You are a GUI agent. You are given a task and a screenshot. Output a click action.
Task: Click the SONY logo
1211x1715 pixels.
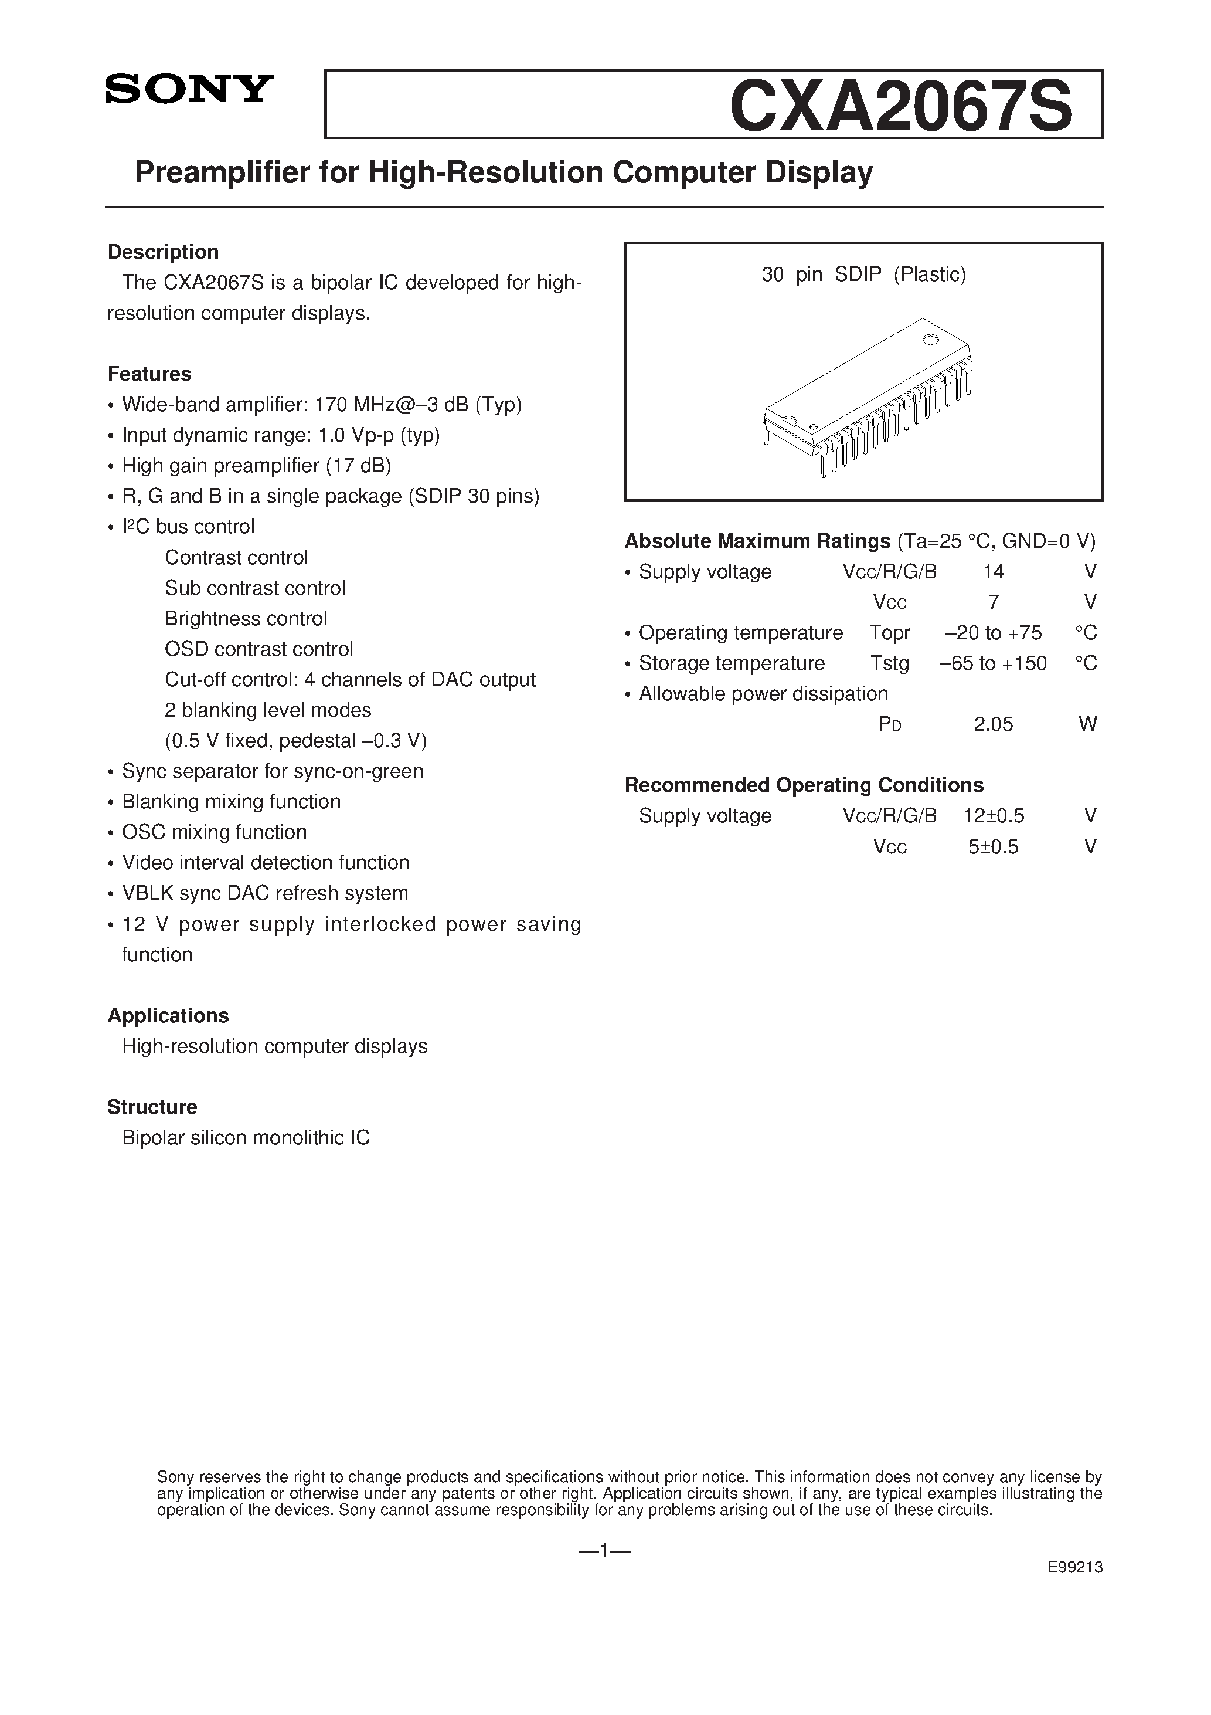point(190,90)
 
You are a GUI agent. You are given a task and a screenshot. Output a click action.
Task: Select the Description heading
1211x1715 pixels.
point(163,252)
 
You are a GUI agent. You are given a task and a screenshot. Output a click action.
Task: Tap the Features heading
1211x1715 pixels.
point(149,374)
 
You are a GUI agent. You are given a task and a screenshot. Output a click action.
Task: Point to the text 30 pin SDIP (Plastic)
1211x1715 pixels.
point(864,275)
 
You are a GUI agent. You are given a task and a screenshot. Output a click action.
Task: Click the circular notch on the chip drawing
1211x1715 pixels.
point(930,340)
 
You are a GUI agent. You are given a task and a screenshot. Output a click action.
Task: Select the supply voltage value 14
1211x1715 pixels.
point(993,572)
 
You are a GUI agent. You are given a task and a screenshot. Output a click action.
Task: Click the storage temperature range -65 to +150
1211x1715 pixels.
point(993,663)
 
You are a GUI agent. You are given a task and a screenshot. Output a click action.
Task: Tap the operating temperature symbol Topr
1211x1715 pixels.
point(889,633)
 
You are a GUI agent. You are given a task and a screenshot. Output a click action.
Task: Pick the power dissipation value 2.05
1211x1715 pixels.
point(993,724)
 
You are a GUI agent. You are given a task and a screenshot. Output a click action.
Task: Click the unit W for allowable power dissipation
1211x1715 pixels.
point(1088,724)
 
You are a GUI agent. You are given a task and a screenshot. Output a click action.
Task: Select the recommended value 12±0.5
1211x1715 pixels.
point(993,816)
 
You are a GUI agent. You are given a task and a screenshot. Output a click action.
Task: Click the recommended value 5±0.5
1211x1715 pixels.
point(993,847)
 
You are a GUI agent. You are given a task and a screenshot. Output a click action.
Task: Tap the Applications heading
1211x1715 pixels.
point(168,1016)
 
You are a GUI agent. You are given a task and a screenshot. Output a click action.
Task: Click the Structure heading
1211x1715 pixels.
point(152,1107)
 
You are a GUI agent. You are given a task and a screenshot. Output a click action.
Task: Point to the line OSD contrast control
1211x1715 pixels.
point(258,649)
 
